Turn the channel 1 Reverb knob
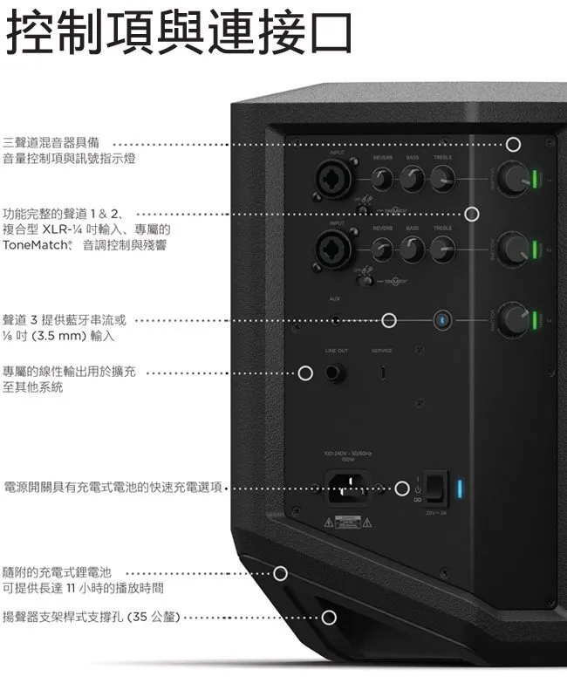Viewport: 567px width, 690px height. [x=382, y=180]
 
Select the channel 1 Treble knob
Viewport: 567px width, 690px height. [x=443, y=180]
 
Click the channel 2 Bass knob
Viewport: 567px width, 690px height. [x=413, y=249]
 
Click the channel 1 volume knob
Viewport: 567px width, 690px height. [x=515, y=179]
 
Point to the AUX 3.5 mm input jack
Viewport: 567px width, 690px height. [x=337, y=320]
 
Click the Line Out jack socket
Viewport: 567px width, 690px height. [x=336, y=374]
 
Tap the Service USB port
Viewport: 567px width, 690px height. [x=381, y=374]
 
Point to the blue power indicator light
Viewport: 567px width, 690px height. [x=461, y=488]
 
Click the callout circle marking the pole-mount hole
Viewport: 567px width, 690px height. [x=329, y=618]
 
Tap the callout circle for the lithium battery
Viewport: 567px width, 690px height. [x=281, y=573]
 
